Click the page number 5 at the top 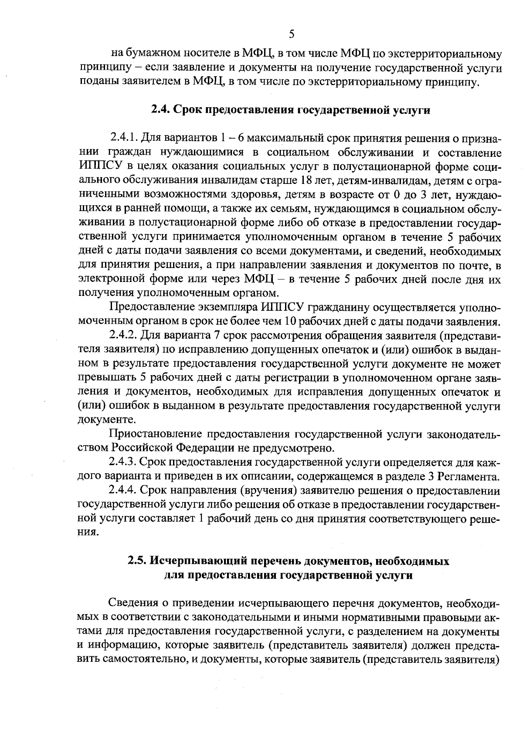coord(292,34)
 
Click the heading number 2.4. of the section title coord(161,110)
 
